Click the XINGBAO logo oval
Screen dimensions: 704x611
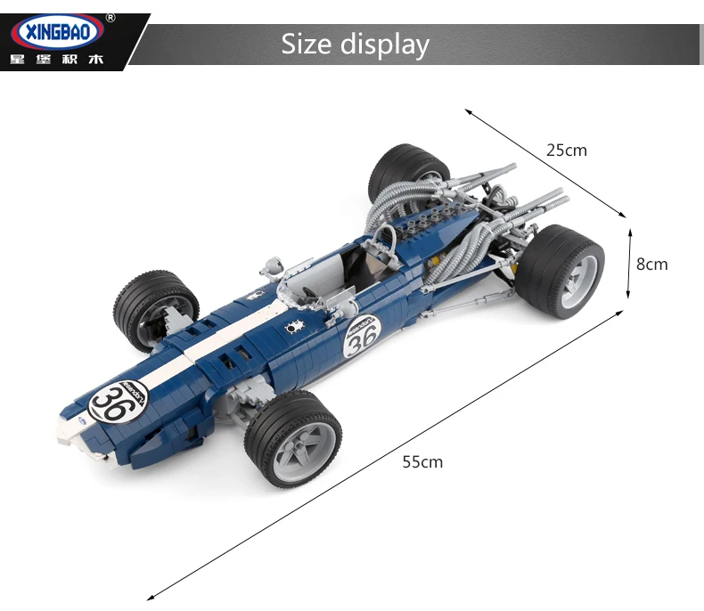(57, 32)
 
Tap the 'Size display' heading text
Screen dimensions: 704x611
(356, 45)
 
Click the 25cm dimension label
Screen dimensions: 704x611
(567, 151)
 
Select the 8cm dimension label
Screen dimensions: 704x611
(652, 265)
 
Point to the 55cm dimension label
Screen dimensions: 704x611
(422, 462)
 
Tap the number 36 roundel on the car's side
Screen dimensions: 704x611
(362, 337)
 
